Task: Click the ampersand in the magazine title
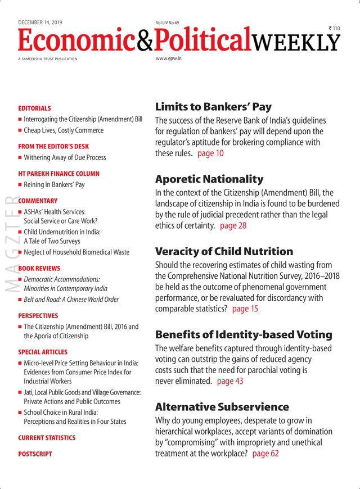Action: [139, 41]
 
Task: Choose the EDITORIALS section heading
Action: [34, 108]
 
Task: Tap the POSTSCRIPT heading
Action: [35, 454]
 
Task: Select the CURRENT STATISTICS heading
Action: [47, 437]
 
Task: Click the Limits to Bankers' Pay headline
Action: [213, 107]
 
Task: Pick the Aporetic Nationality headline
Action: [209, 179]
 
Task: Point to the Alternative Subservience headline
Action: [222, 406]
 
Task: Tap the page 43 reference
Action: [230, 381]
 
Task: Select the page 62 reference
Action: [265, 453]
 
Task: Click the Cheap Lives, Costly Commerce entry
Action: [64, 130]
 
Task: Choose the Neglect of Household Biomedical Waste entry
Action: [76, 252]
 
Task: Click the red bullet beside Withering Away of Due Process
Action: [20, 158]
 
